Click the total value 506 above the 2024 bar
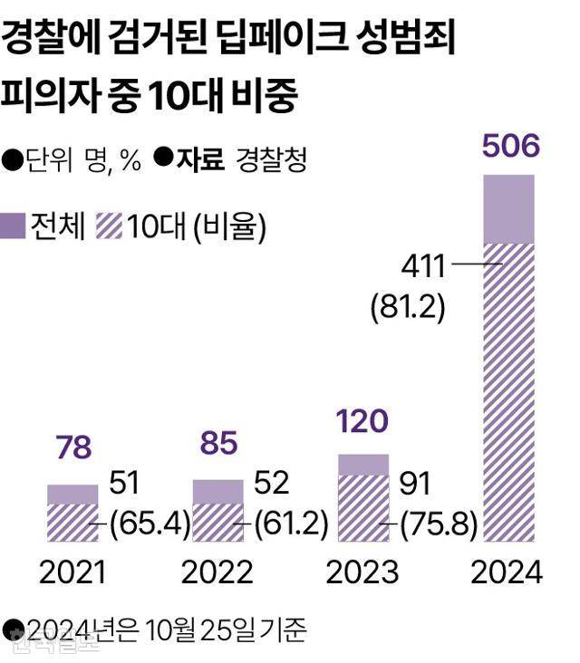(508, 147)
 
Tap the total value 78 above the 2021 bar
(72, 448)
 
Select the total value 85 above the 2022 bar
(217, 443)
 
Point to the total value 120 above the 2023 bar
(362, 421)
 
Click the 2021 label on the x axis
(72, 572)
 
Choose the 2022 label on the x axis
(217, 572)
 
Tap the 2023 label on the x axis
(362, 572)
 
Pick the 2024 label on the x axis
(507, 572)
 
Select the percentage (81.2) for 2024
(408, 307)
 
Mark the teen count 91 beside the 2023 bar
(417, 485)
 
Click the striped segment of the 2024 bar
(508, 389)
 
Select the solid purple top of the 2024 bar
(508, 209)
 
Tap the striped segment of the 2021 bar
(72, 521)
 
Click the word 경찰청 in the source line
(271, 160)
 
